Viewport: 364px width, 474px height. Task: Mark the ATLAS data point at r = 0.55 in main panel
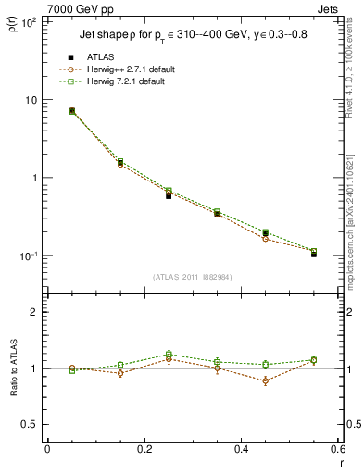tap(313, 253)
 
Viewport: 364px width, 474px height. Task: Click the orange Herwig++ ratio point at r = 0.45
tap(265, 380)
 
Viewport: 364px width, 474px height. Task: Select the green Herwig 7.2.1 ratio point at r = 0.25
tap(169, 354)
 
